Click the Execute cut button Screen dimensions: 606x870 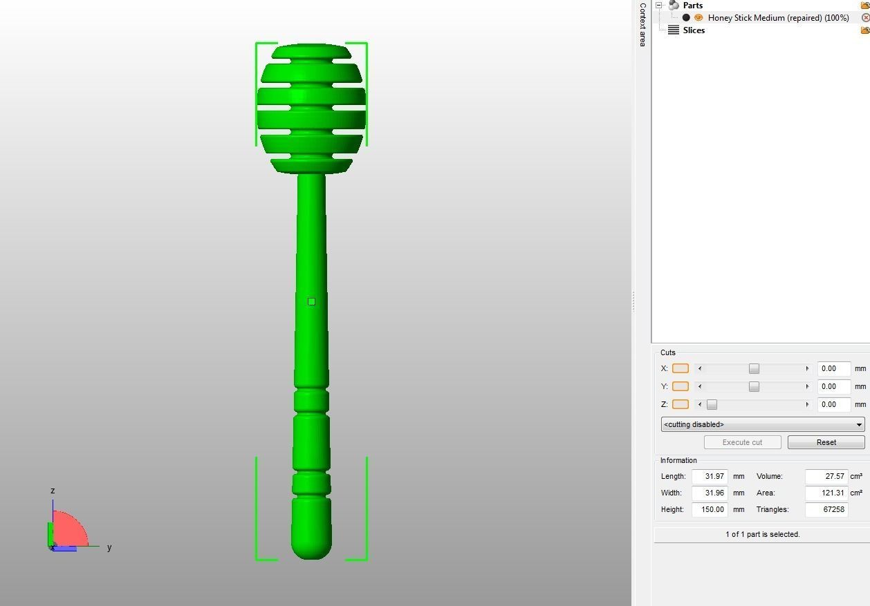click(x=742, y=442)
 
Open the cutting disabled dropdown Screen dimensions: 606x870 click(x=762, y=424)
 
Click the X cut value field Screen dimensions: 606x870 click(x=833, y=368)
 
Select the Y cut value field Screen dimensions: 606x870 click(x=833, y=386)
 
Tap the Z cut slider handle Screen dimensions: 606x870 click(x=712, y=404)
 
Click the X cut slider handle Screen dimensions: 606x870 click(x=754, y=368)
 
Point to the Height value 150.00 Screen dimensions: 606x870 click(x=710, y=509)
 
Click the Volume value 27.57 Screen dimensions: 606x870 click(x=826, y=476)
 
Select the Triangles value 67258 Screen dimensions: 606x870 click(x=826, y=509)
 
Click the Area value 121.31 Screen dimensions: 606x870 click(x=826, y=493)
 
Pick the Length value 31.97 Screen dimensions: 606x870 click(x=710, y=476)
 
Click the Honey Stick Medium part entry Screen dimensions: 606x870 click(x=778, y=18)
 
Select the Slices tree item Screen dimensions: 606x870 click(x=694, y=30)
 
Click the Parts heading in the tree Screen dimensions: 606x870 click(x=692, y=6)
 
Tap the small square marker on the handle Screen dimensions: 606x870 click(x=311, y=301)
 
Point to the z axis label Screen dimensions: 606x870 click(x=53, y=491)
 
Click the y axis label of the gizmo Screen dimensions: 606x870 click(x=109, y=547)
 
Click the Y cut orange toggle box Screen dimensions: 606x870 click(x=681, y=386)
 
